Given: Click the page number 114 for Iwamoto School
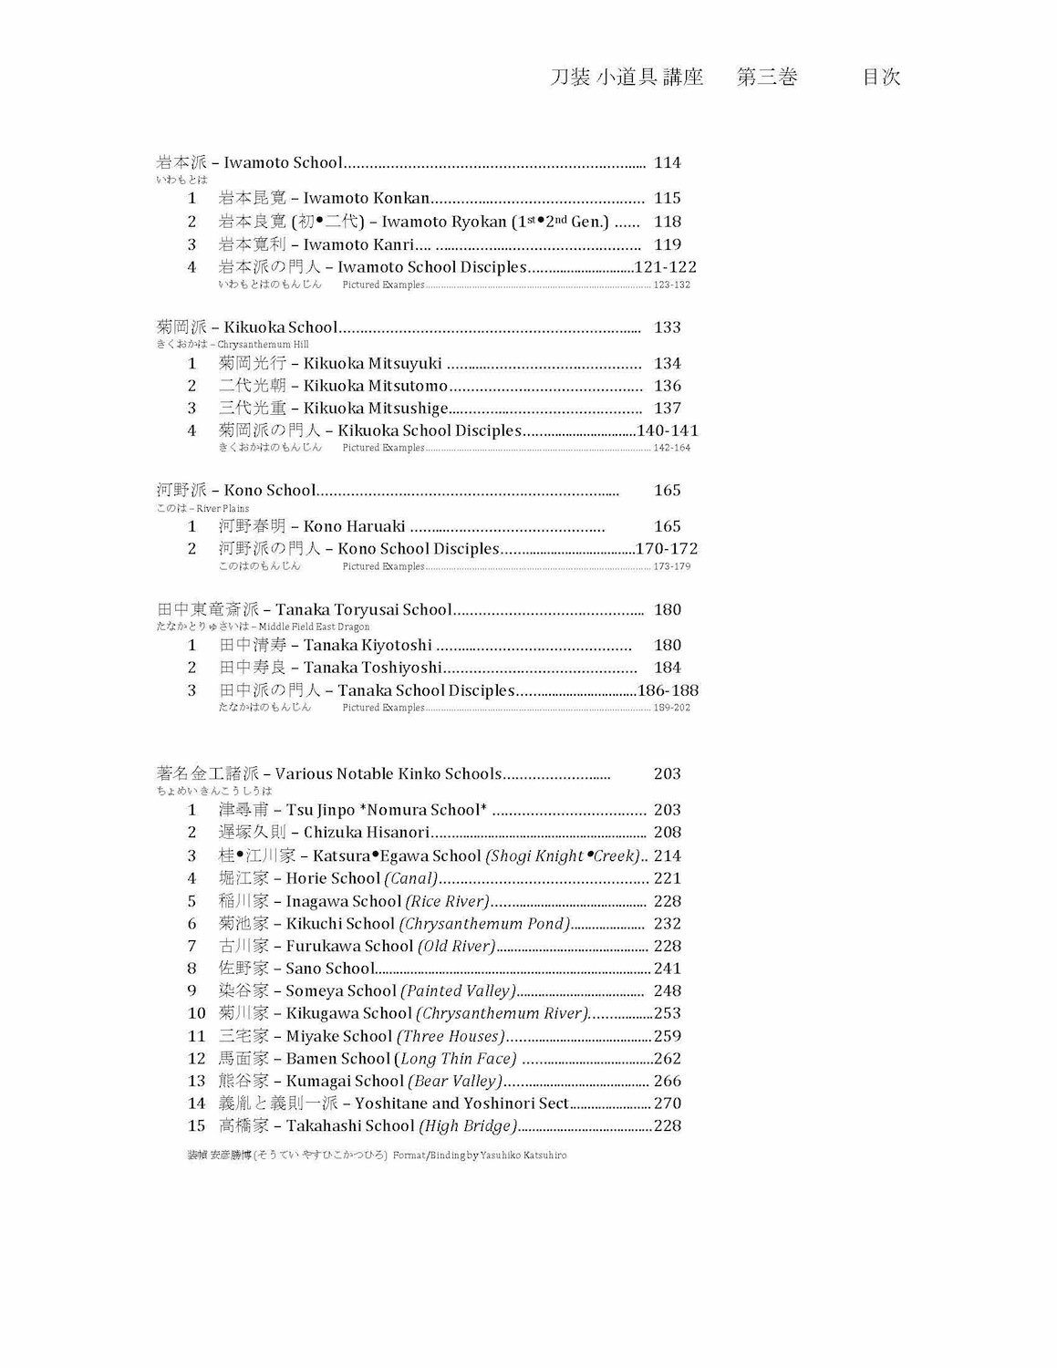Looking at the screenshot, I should tap(667, 163).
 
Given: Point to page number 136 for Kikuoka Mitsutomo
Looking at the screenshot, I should tap(667, 386).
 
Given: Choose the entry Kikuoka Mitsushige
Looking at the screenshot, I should tap(376, 409).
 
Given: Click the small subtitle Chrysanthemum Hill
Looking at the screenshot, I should tap(263, 345).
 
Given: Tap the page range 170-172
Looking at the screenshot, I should tap(666, 549).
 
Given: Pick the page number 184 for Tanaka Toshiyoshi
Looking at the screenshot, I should tap(667, 668).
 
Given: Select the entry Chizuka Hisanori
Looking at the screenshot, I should tap(366, 833).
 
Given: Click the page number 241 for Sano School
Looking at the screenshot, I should tap(667, 969).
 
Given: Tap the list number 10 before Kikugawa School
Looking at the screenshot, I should tap(196, 1013).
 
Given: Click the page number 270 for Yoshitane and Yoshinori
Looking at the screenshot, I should tap(667, 1104).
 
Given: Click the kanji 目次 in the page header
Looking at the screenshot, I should tap(881, 78).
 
